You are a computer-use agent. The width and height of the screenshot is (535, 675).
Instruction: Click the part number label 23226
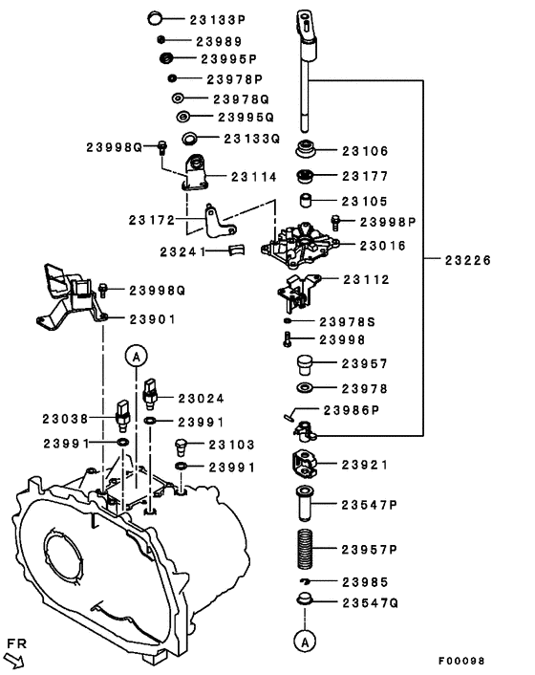point(465,259)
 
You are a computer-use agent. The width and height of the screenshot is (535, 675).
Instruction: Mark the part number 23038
point(64,418)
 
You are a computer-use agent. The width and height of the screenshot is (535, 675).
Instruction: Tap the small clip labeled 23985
point(305,581)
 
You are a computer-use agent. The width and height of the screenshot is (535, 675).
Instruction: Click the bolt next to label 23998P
point(334,222)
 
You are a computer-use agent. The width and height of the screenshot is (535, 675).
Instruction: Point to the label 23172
point(152,220)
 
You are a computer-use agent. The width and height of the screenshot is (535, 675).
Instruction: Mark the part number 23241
point(186,250)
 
